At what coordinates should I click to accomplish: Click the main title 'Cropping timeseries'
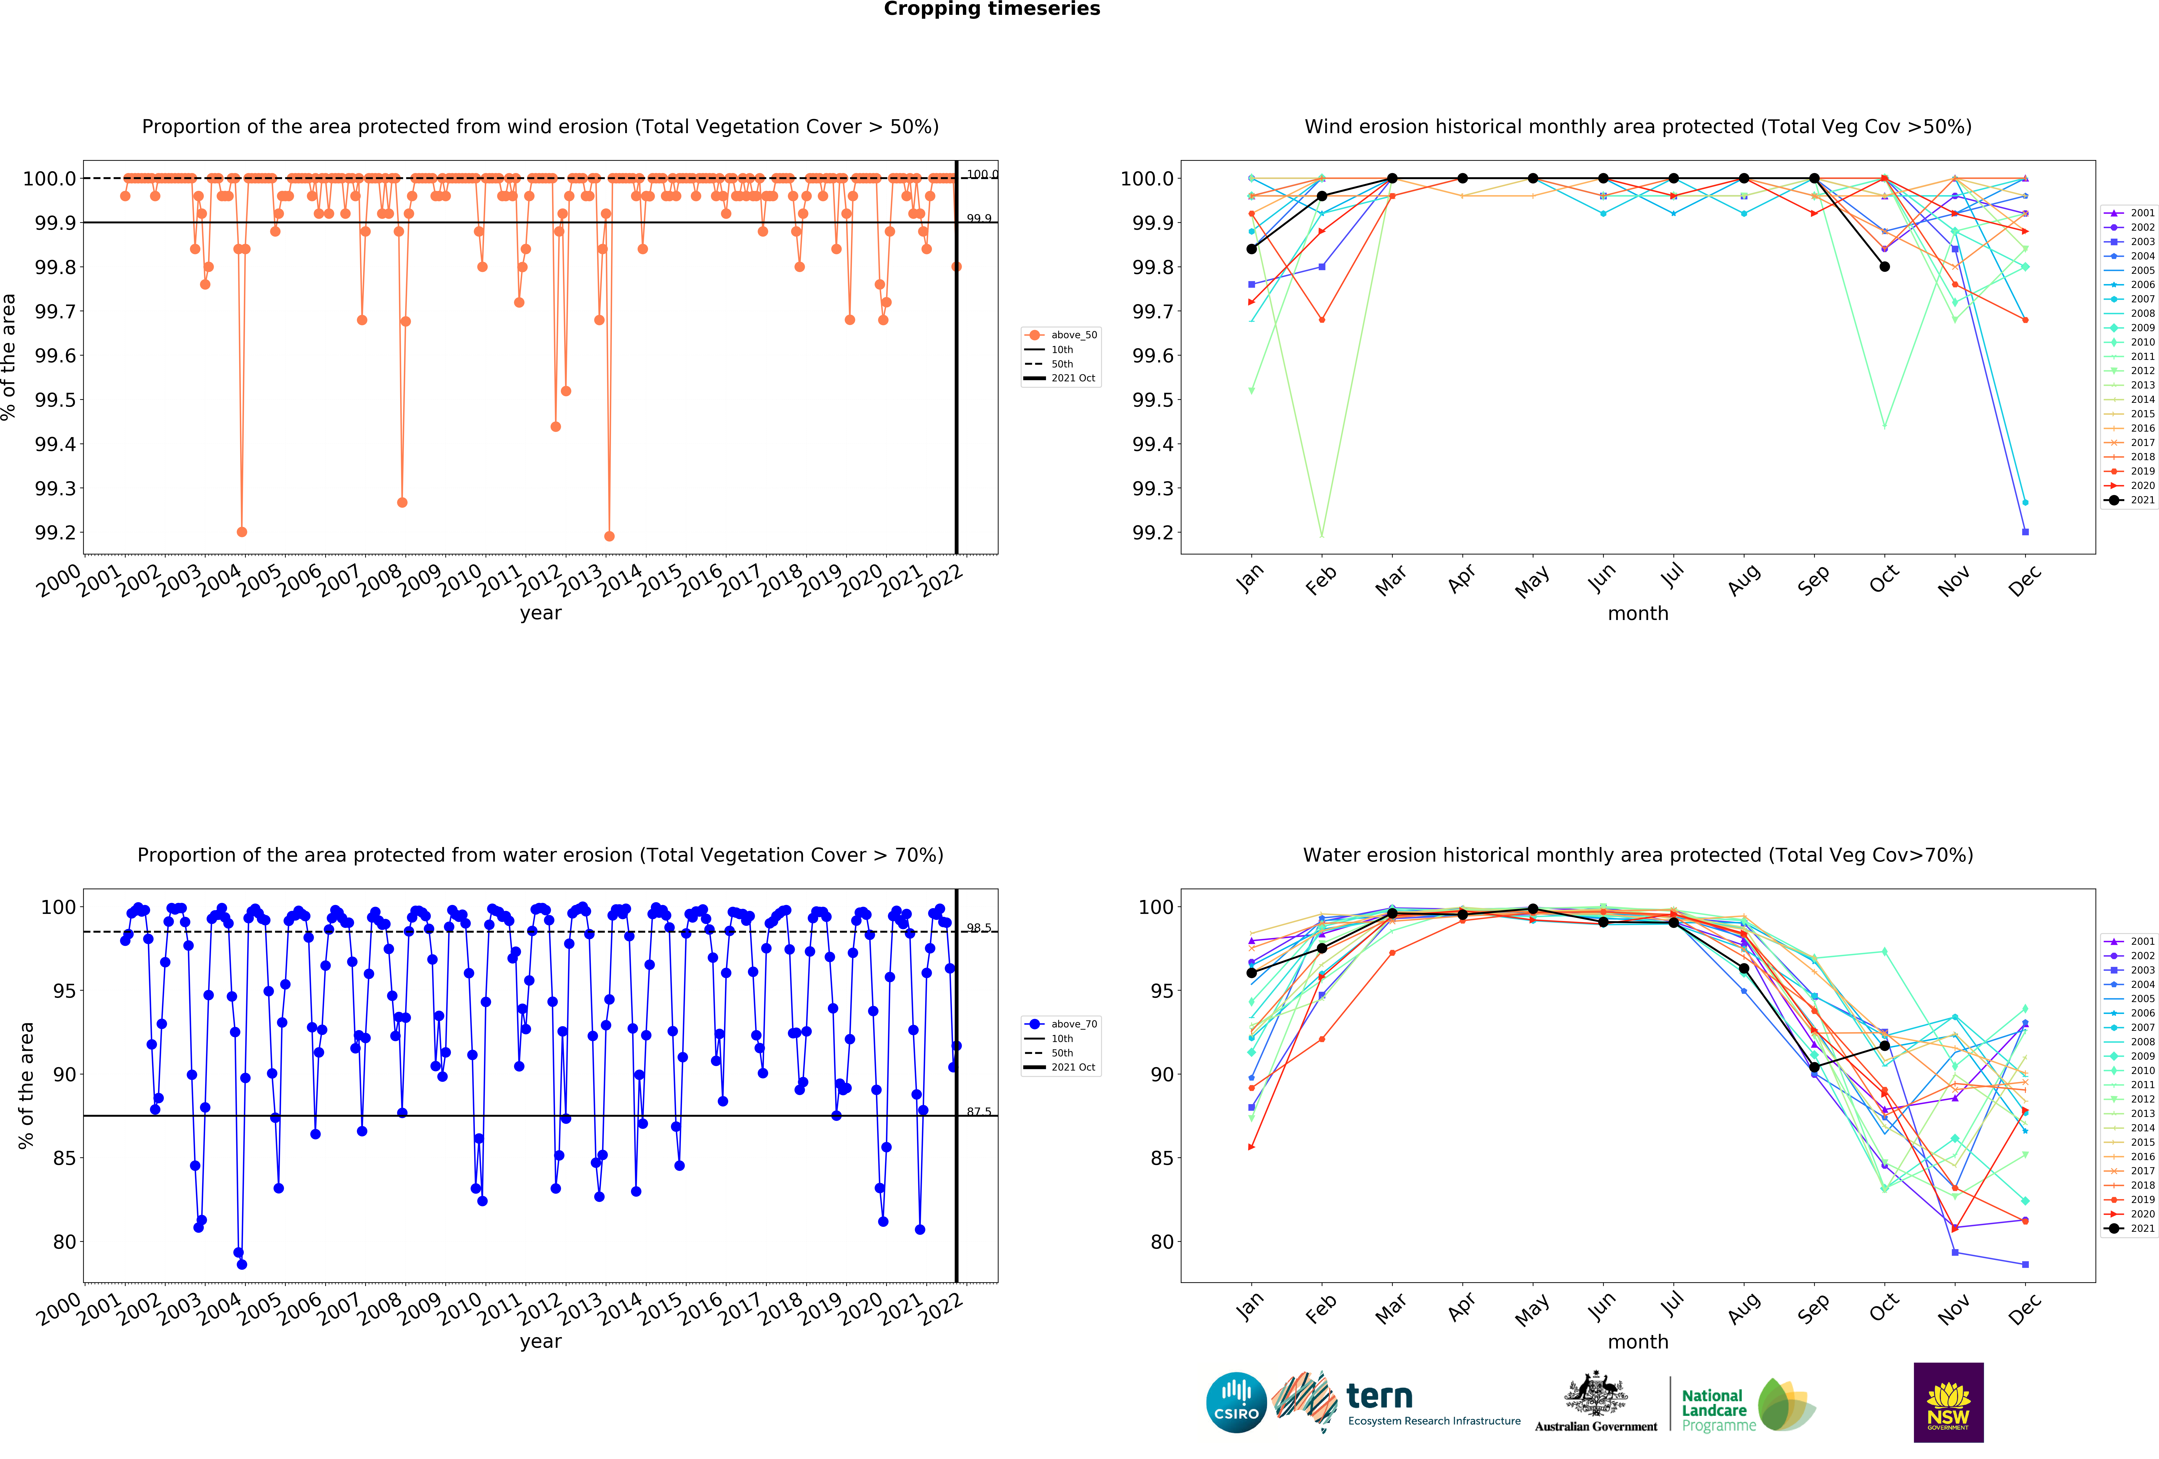point(991,9)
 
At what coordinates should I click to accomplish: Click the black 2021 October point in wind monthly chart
point(1884,266)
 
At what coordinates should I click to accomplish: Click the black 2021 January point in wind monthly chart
point(1251,249)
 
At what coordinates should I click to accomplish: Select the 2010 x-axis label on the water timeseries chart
point(459,1309)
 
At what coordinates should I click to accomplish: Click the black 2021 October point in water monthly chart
point(1884,1046)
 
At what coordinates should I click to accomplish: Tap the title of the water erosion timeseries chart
point(540,855)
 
